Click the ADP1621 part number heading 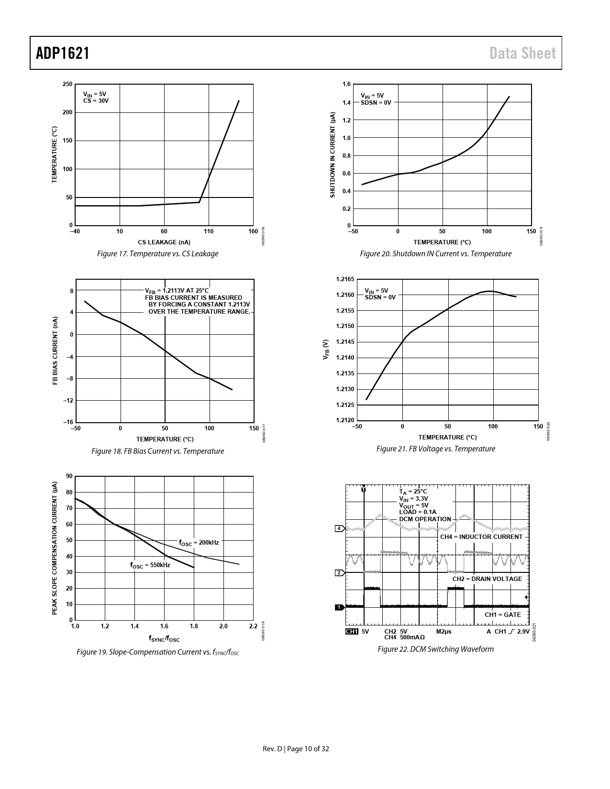coord(63,53)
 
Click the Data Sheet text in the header coord(522,54)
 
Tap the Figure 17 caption coord(157,253)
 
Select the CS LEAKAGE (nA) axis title coord(164,242)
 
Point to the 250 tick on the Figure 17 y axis coord(67,84)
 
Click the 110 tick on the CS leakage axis coord(209,231)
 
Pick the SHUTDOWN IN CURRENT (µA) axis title coord(333,154)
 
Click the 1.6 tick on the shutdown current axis coord(346,84)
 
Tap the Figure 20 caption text coord(435,253)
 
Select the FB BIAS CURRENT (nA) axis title coord(55,351)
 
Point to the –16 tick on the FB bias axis coord(68,422)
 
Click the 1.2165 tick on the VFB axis coord(344,279)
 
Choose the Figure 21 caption coord(435,449)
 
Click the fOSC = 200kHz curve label coord(199,543)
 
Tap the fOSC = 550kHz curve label coord(150,565)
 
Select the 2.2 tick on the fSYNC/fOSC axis coord(253,626)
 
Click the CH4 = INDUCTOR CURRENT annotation coord(481,537)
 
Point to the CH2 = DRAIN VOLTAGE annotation coord(487,579)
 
